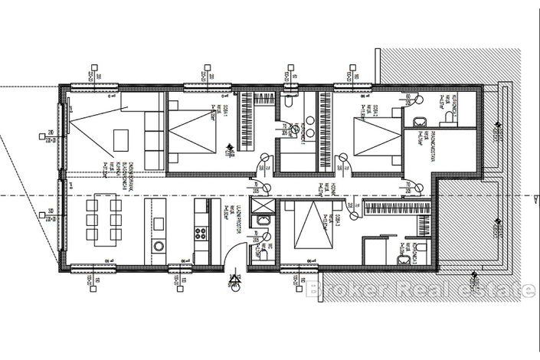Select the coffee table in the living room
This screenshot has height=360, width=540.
pyautogui.click(x=121, y=139)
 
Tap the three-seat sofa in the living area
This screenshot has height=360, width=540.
pyautogui.click(x=152, y=139)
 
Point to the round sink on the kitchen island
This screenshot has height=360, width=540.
pyautogui.click(x=159, y=246)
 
